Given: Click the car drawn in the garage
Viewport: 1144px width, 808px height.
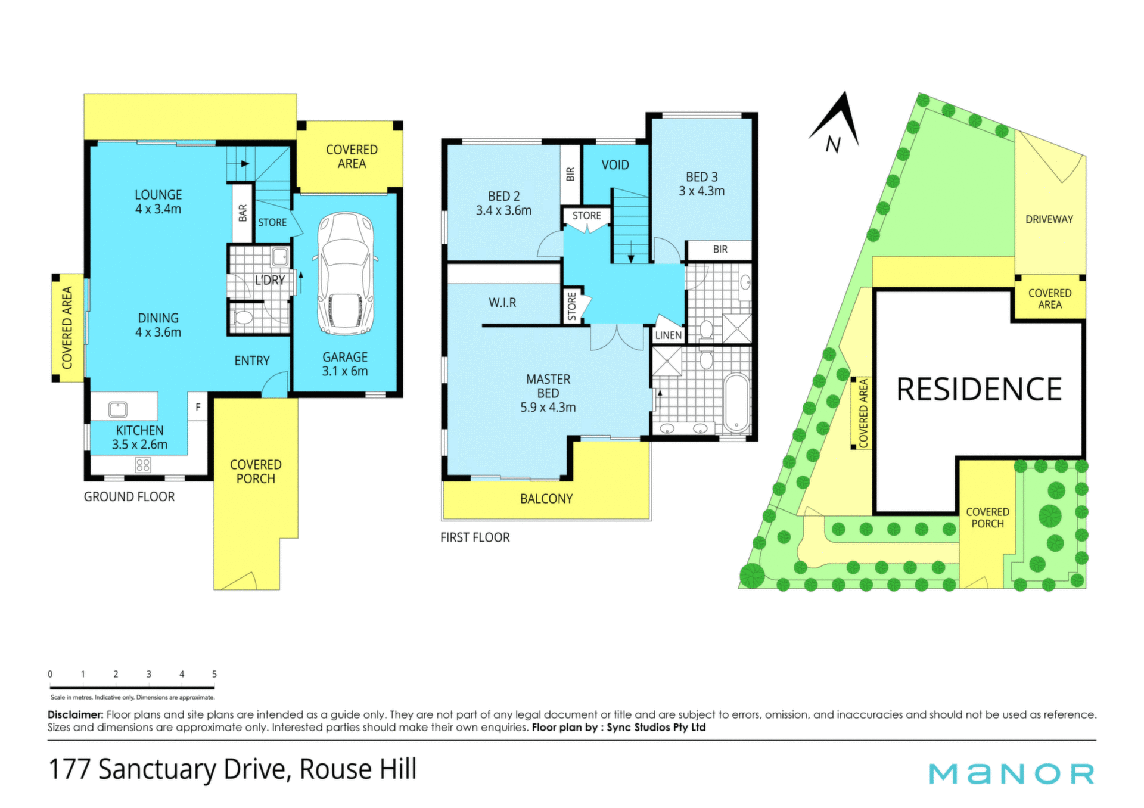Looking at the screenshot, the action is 346,274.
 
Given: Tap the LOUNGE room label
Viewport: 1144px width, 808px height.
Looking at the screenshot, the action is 158,195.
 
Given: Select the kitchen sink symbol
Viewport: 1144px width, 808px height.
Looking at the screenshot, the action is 118,409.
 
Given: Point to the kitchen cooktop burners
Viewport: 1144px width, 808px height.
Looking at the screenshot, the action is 143,465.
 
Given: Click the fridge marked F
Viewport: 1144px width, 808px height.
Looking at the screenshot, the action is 198,407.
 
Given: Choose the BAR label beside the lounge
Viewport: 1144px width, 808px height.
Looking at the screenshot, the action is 243,213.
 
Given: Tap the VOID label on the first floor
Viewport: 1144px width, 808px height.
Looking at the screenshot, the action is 615,165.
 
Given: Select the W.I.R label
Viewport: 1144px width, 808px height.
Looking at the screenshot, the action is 502,303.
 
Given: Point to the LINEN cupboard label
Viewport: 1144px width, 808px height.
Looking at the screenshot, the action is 669,335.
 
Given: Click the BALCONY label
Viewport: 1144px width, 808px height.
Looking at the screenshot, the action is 546,499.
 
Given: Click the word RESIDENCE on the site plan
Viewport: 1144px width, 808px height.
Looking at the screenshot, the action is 979,389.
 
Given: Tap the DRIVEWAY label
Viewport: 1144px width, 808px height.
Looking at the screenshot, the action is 1049,219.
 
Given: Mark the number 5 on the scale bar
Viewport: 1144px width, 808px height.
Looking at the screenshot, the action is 214,674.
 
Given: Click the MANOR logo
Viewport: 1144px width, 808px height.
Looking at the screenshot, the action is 1012,773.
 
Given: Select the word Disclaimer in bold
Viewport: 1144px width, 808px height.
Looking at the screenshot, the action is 76,714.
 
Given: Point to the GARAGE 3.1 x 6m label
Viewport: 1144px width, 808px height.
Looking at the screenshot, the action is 345,364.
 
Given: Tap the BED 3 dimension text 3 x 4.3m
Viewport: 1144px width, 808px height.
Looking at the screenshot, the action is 702,191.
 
